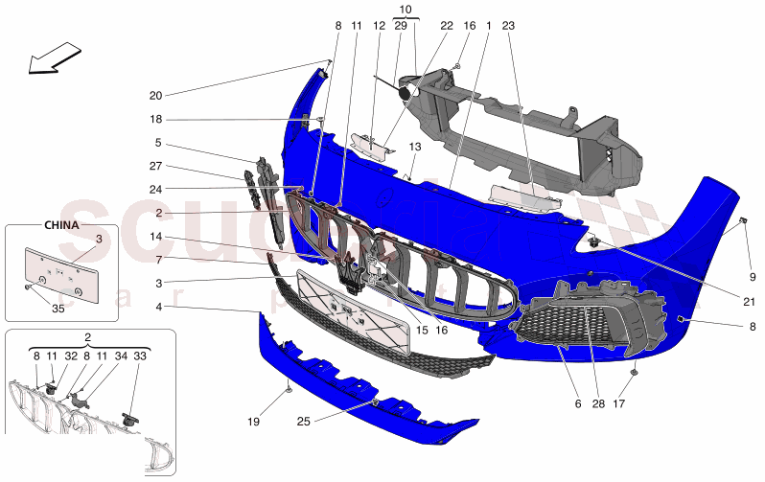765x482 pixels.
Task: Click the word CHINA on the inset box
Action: click(60, 225)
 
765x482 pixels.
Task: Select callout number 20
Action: click(156, 95)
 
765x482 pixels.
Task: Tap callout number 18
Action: click(156, 120)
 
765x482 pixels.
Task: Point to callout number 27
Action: click(156, 166)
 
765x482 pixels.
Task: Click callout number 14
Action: click(156, 237)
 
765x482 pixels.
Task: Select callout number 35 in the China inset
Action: click(58, 309)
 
